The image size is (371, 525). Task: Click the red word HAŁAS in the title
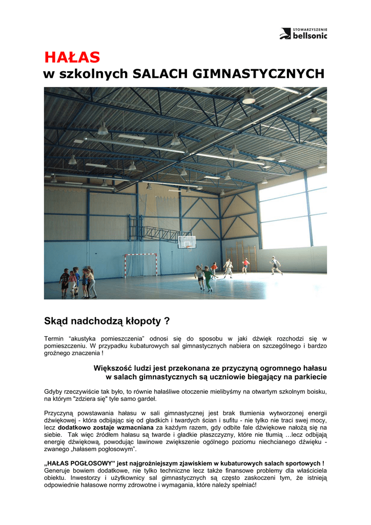[72, 57]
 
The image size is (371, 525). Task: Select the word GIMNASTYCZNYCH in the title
[259, 74]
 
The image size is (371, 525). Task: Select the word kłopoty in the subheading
[141, 321]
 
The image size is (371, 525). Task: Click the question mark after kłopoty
[167, 321]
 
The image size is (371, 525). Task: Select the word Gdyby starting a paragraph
[54, 391]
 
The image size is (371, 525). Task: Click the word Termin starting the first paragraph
[54, 338]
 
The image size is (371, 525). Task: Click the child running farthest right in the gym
[276, 265]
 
